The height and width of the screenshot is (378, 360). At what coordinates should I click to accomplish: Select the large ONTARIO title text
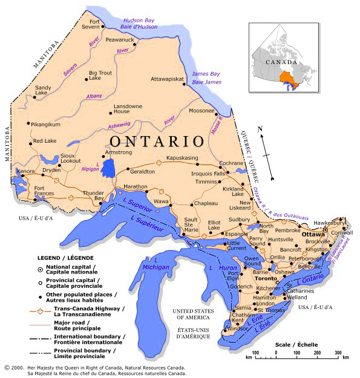coord(157,142)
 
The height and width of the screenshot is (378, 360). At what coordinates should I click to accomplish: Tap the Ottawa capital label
coord(313,233)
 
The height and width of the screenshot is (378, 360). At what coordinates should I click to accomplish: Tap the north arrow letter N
coord(260,129)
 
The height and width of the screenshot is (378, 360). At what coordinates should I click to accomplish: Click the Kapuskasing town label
coord(182,158)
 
